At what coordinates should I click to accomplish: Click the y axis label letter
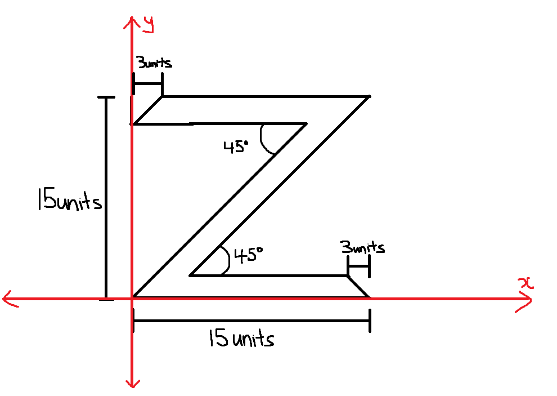click(x=149, y=24)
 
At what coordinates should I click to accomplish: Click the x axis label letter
click(x=526, y=283)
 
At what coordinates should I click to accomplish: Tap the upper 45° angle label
click(x=236, y=147)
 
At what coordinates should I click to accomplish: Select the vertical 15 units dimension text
click(x=69, y=201)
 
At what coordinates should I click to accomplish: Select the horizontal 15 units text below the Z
click(x=241, y=339)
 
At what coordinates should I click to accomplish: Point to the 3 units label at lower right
click(x=362, y=247)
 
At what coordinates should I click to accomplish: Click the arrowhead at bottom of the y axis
click(x=132, y=384)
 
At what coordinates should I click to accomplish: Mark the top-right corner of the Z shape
click(x=369, y=97)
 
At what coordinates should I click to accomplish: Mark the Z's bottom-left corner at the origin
click(x=133, y=297)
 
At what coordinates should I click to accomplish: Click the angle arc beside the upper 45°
click(x=264, y=141)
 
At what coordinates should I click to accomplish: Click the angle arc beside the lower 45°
click(x=226, y=261)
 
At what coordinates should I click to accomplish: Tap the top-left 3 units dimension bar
click(x=147, y=84)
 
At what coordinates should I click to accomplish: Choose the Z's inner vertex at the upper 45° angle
click(x=307, y=123)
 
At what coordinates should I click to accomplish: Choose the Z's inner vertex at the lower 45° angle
click(x=191, y=276)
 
